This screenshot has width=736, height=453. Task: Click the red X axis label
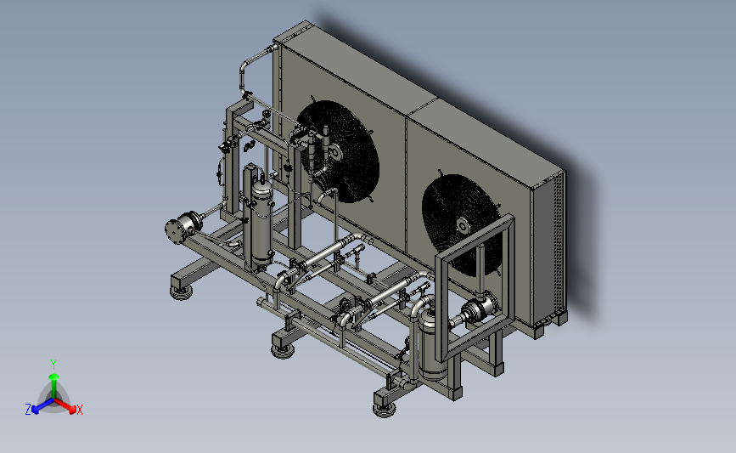(x=79, y=410)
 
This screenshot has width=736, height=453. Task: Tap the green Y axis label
(x=53, y=365)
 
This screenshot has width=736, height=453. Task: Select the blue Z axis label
(x=28, y=410)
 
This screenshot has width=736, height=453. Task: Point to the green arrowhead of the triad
(x=54, y=377)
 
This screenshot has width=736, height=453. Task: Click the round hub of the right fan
(x=463, y=226)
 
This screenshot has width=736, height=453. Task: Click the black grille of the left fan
(x=339, y=151)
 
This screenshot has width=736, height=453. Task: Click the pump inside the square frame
(x=478, y=310)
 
